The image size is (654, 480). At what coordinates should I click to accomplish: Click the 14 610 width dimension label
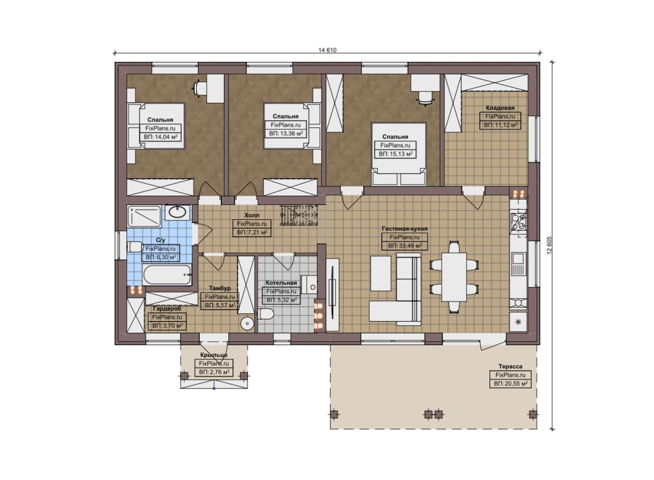click(328, 50)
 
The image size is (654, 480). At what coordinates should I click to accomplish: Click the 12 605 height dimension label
click(549, 245)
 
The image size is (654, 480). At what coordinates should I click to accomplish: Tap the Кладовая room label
click(500, 108)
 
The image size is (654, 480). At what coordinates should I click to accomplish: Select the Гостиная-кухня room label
click(405, 228)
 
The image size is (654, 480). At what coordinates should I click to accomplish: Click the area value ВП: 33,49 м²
click(405, 246)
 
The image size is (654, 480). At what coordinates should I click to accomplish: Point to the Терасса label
click(510, 367)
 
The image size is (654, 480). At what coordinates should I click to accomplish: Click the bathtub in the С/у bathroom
click(167, 275)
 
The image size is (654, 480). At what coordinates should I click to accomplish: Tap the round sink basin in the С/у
click(177, 212)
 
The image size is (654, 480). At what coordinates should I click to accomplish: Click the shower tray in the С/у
click(144, 216)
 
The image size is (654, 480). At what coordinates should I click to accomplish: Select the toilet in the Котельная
click(266, 314)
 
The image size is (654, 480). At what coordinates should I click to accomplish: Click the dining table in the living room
click(454, 277)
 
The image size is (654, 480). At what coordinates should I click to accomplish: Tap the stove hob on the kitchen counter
click(518, 221)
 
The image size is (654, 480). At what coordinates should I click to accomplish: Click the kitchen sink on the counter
click(518, 264)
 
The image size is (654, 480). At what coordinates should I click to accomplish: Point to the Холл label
click(252, 215)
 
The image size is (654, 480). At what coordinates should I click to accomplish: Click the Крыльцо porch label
click(214, 355)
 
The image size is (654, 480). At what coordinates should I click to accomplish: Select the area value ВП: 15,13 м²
click(395, 154)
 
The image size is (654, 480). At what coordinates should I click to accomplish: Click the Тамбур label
click(220, 288)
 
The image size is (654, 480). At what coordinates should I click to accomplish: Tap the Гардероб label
click(167, 309)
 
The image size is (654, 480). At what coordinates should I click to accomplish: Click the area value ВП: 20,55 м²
click(510, 383)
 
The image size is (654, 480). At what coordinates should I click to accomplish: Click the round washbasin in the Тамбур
click(247, 324)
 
